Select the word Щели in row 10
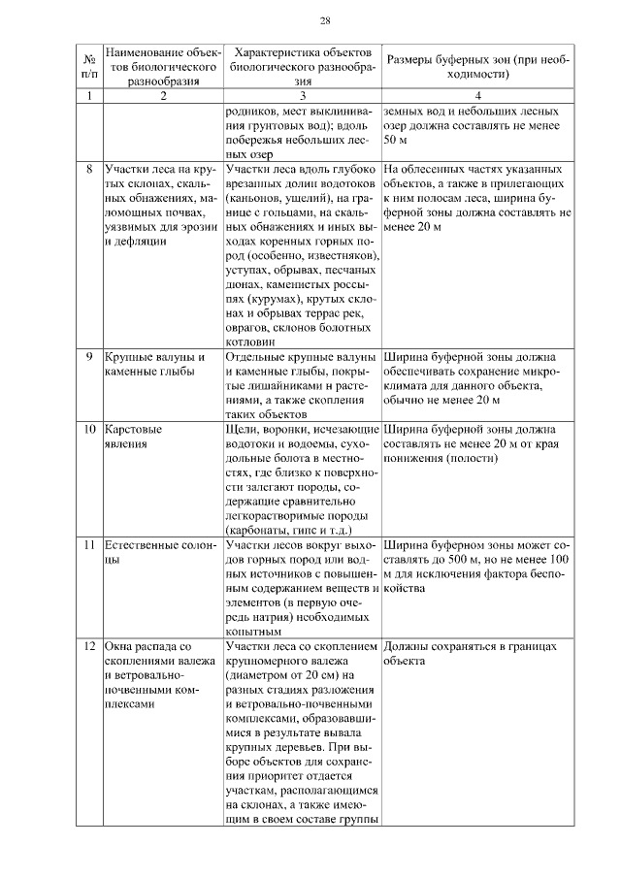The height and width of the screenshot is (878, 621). click(x=242, y=429)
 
